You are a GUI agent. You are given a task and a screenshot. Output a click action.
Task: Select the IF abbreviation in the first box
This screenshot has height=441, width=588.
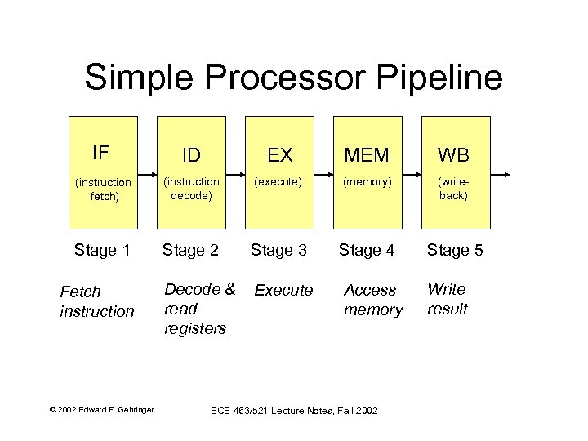[x=101, y=153]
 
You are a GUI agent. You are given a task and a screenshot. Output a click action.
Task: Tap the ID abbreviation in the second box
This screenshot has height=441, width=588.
[x=191, y=155]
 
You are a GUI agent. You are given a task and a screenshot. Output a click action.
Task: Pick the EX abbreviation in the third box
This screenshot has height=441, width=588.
[x=280, y=155]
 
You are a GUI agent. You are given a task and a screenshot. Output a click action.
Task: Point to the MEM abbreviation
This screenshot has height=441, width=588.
[x=367, y=155]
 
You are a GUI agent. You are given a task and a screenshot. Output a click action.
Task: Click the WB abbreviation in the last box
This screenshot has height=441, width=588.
[x=454, y=155]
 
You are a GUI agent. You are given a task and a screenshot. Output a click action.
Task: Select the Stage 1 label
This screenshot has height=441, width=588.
[x=102, y=250]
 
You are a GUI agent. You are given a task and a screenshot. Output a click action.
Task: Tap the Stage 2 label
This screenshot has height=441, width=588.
[x=190, y=250]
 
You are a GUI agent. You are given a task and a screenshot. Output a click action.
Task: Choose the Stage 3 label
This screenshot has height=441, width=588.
[x=278, y=250]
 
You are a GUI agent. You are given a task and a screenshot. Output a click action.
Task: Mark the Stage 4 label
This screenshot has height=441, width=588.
[x=367, y=250]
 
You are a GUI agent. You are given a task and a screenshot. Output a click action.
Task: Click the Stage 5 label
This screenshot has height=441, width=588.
[x=455, y=250]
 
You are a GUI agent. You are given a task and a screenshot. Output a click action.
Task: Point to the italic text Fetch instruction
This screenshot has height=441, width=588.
[x=96, y=301]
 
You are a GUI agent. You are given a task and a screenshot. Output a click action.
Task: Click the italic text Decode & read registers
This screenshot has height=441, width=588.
[x=199, y=309]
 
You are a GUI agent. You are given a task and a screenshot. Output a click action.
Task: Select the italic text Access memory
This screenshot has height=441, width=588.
[x=373, y=300]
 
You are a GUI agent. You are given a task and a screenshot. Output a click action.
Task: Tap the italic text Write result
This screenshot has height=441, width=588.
[x=448, y=299]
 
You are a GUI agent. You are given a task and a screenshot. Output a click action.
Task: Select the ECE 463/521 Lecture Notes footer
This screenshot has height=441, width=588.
[x=294, y=409]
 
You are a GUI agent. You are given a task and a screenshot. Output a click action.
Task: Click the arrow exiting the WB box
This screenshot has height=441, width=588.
[x=500, y=175]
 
